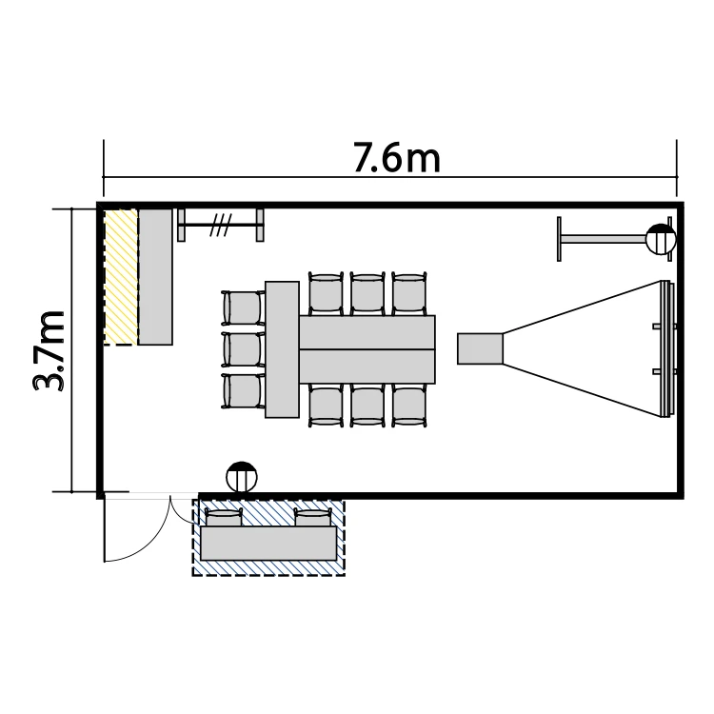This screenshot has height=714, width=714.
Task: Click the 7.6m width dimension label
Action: coord(397,157)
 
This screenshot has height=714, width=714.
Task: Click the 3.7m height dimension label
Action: coord(49,350)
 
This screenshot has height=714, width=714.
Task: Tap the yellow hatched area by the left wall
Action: coord(121,277)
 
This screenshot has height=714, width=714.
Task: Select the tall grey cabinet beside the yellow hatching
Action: coord(155,277)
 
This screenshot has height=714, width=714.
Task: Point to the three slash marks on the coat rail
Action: coord(221,225)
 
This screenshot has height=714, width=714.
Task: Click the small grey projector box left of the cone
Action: coord(480,348)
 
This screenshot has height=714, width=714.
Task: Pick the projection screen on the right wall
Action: coord(666,348)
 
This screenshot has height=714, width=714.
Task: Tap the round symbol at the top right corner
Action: coord(661,239)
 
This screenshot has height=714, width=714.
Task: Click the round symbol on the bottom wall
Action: coord(242,477)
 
